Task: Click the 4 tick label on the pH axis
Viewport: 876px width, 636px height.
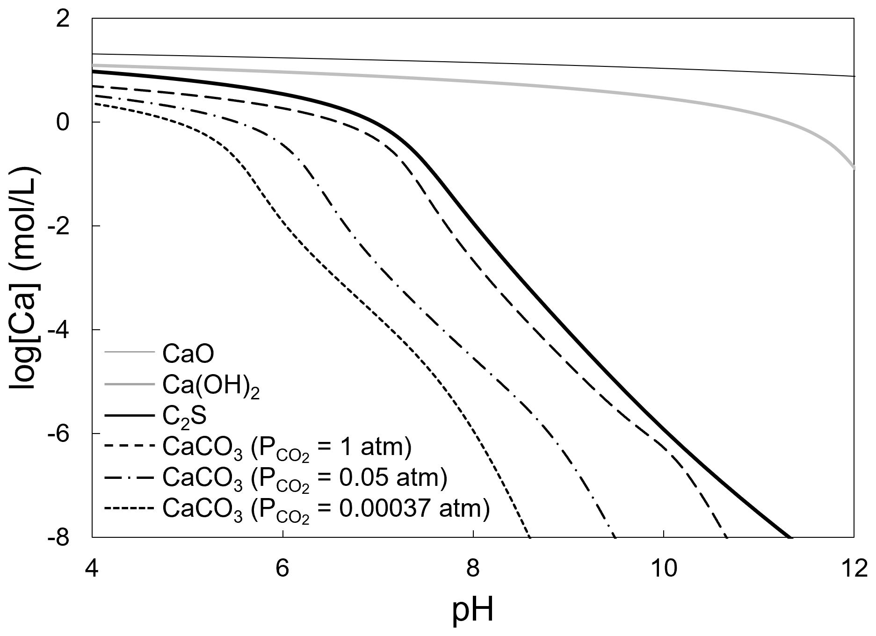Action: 92,570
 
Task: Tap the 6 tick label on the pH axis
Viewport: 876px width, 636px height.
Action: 283,570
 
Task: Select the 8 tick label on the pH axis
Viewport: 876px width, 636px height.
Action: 473,570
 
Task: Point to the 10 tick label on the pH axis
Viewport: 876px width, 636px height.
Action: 664,570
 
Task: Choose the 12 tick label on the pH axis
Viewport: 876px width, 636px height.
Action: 854,570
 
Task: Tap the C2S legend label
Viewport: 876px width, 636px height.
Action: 184,417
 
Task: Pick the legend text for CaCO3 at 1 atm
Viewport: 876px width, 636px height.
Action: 287,448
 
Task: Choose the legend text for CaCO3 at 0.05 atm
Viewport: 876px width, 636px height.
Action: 304,479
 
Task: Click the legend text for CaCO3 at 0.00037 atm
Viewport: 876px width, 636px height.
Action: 326,510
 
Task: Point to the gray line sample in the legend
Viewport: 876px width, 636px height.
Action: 129,384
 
